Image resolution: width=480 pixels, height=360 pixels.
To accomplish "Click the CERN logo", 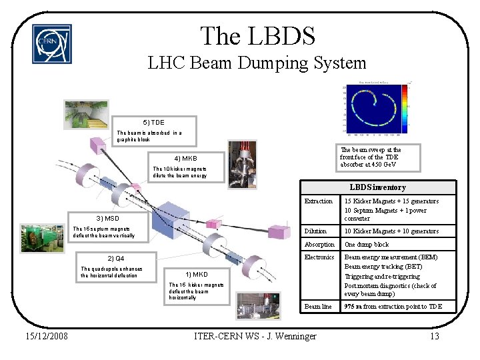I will [x=51, y=44].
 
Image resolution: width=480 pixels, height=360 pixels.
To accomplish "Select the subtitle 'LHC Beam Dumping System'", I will [x=257, y=63].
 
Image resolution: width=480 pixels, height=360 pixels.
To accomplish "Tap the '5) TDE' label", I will [x=153, y=123].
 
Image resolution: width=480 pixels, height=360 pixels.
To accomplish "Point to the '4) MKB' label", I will [x=185, y=159].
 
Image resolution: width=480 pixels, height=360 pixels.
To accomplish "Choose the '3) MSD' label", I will [x=107, y=218].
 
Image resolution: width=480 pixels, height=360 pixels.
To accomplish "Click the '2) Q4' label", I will [x=116, y=258].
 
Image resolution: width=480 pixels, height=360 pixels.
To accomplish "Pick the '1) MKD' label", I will [x=197, y=274].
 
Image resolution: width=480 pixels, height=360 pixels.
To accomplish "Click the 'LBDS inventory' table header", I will [x=377, y=187].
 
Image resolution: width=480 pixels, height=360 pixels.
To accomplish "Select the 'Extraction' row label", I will [x=318, y=201].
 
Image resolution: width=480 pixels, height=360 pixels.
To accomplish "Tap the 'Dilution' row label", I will [x=315, y=231].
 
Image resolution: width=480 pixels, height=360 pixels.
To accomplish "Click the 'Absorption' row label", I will [x=319, y=244].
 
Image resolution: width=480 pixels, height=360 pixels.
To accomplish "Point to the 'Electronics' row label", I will [x=319, y=257].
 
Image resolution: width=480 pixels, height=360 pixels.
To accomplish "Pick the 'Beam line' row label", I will [x=318, y=307].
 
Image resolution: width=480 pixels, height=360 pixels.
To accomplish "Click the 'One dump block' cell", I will [x=366, y=244].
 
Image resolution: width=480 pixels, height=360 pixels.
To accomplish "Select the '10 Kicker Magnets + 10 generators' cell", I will [x=391, y=231].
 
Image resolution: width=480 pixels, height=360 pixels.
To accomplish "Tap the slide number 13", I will [x=434, y=336].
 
